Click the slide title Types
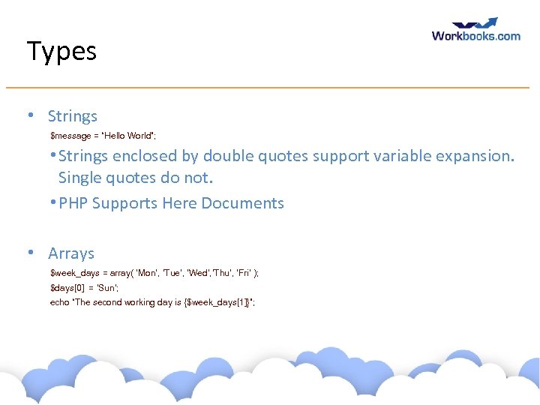click(61, 52)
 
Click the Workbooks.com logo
click(475, 30)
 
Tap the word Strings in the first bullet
click(73, 116)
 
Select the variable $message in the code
click(70, 136)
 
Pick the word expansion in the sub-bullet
click(478, 156)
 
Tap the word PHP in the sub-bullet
click(73, 203)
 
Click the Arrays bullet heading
click(71, 253)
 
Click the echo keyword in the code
click(59, 302)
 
